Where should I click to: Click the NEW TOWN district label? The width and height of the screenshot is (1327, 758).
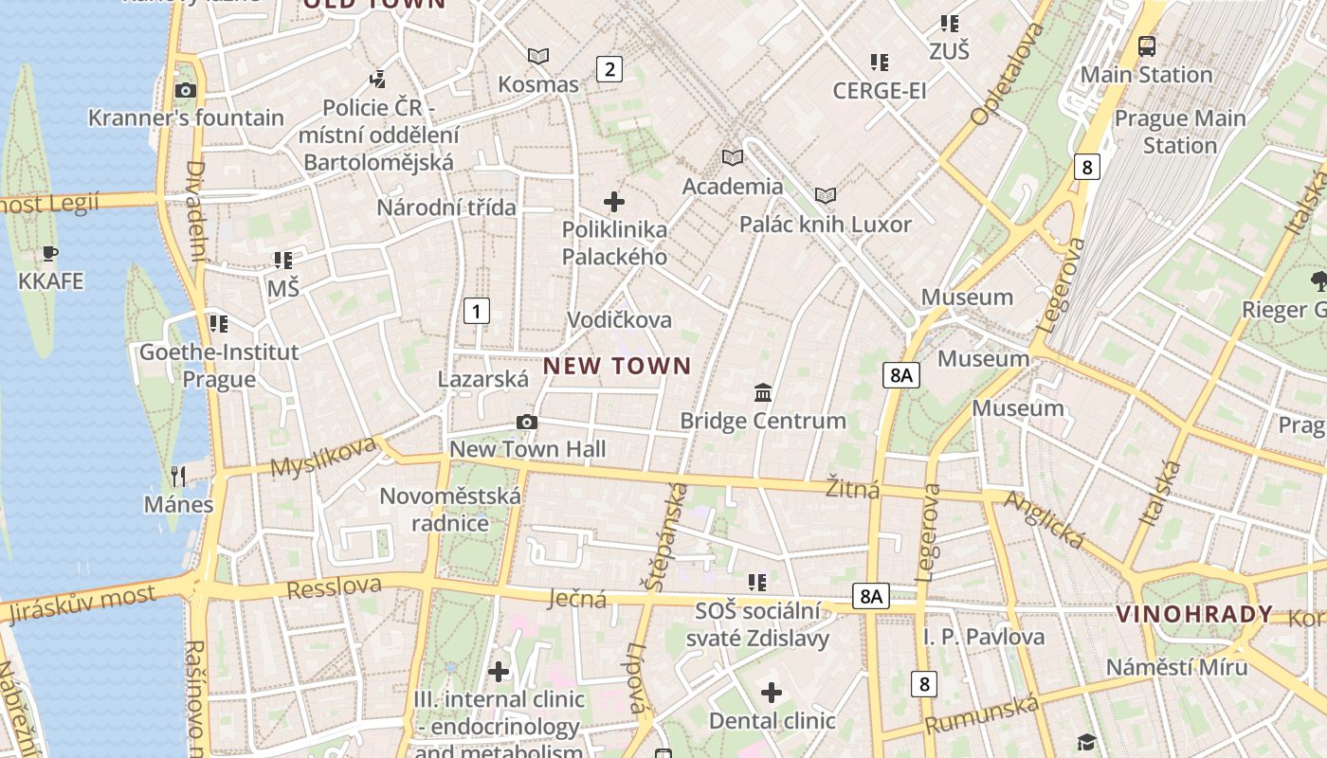[617, 366]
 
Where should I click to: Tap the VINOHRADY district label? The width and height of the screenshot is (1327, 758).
[1194, 614]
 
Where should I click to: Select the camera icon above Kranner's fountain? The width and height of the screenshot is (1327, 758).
[186, 91]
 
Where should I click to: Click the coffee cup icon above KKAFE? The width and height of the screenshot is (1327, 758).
[50, 254]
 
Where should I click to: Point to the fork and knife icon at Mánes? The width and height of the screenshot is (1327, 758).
[178, 476]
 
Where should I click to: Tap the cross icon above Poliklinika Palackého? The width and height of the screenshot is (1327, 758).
[614, 202]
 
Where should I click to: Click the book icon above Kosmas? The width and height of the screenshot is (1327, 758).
[538, 57]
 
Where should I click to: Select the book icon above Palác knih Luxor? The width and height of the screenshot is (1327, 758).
[826, 196]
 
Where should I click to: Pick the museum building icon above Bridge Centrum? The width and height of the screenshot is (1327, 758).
[763, 392]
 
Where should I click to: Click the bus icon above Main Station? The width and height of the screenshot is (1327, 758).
[1147, 45]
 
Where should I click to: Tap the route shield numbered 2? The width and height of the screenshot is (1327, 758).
[609, 68]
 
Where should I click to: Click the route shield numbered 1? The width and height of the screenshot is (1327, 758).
[477, 310]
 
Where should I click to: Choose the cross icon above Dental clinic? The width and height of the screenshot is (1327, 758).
[773, 693]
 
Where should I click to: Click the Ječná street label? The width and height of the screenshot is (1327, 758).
[577, 599]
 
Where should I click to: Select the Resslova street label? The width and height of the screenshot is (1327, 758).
[334, 587]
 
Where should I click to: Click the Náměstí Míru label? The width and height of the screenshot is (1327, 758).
[1176, 667]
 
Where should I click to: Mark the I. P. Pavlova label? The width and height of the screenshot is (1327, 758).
[984, 637]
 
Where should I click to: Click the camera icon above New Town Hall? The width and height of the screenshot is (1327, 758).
[527, 423]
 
